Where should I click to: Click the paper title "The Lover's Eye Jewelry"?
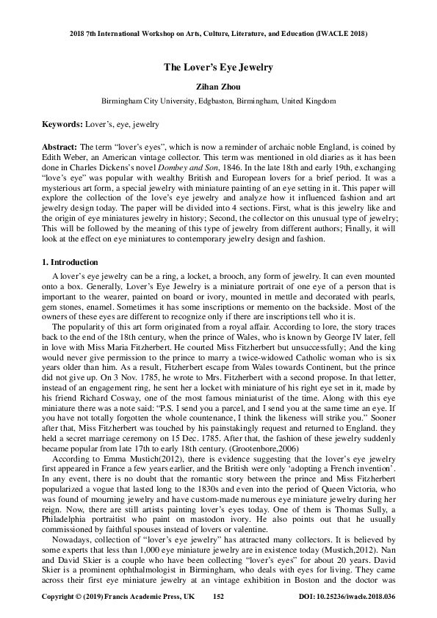point(218,68)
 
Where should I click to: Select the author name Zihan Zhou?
point(218,86)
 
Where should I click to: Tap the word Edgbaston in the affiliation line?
point(212,101)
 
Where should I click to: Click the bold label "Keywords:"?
point(62,125)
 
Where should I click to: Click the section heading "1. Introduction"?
point(70,262)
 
